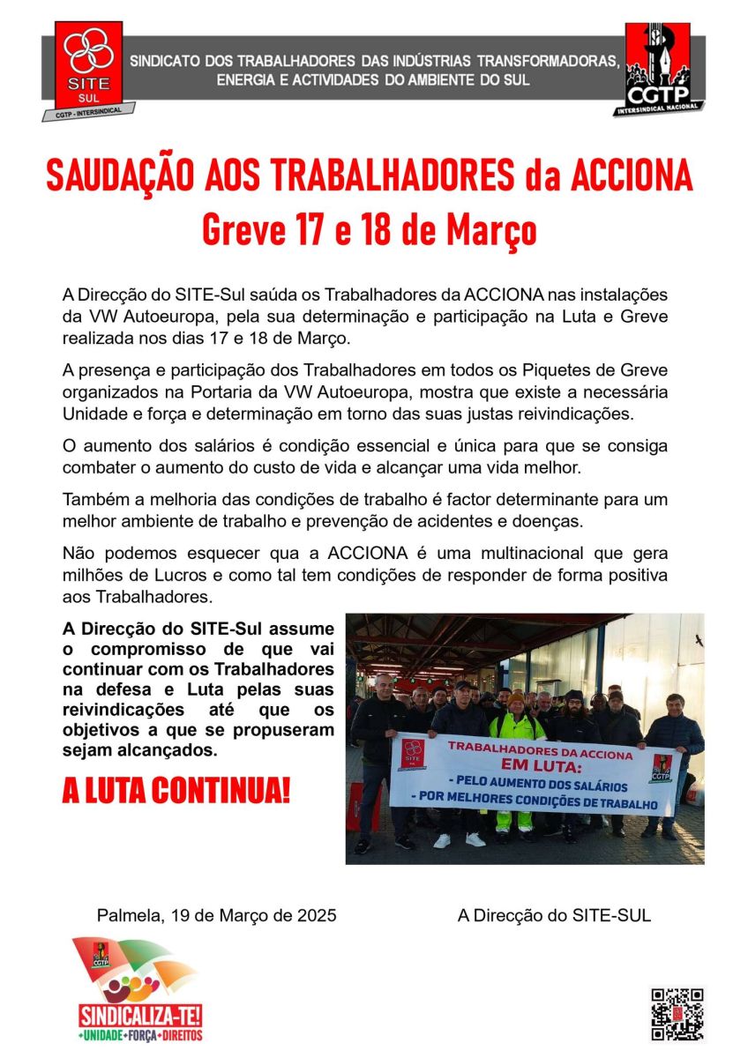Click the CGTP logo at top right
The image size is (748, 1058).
tap(658, 67)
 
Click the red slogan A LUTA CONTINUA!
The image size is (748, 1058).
tap(176, 791)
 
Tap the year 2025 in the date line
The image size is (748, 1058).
tap(316, 915)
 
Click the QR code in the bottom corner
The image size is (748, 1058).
tap(677, 1014)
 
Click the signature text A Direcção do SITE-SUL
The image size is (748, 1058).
tap(554, 915)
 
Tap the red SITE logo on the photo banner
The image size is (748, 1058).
tap(413, 754)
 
